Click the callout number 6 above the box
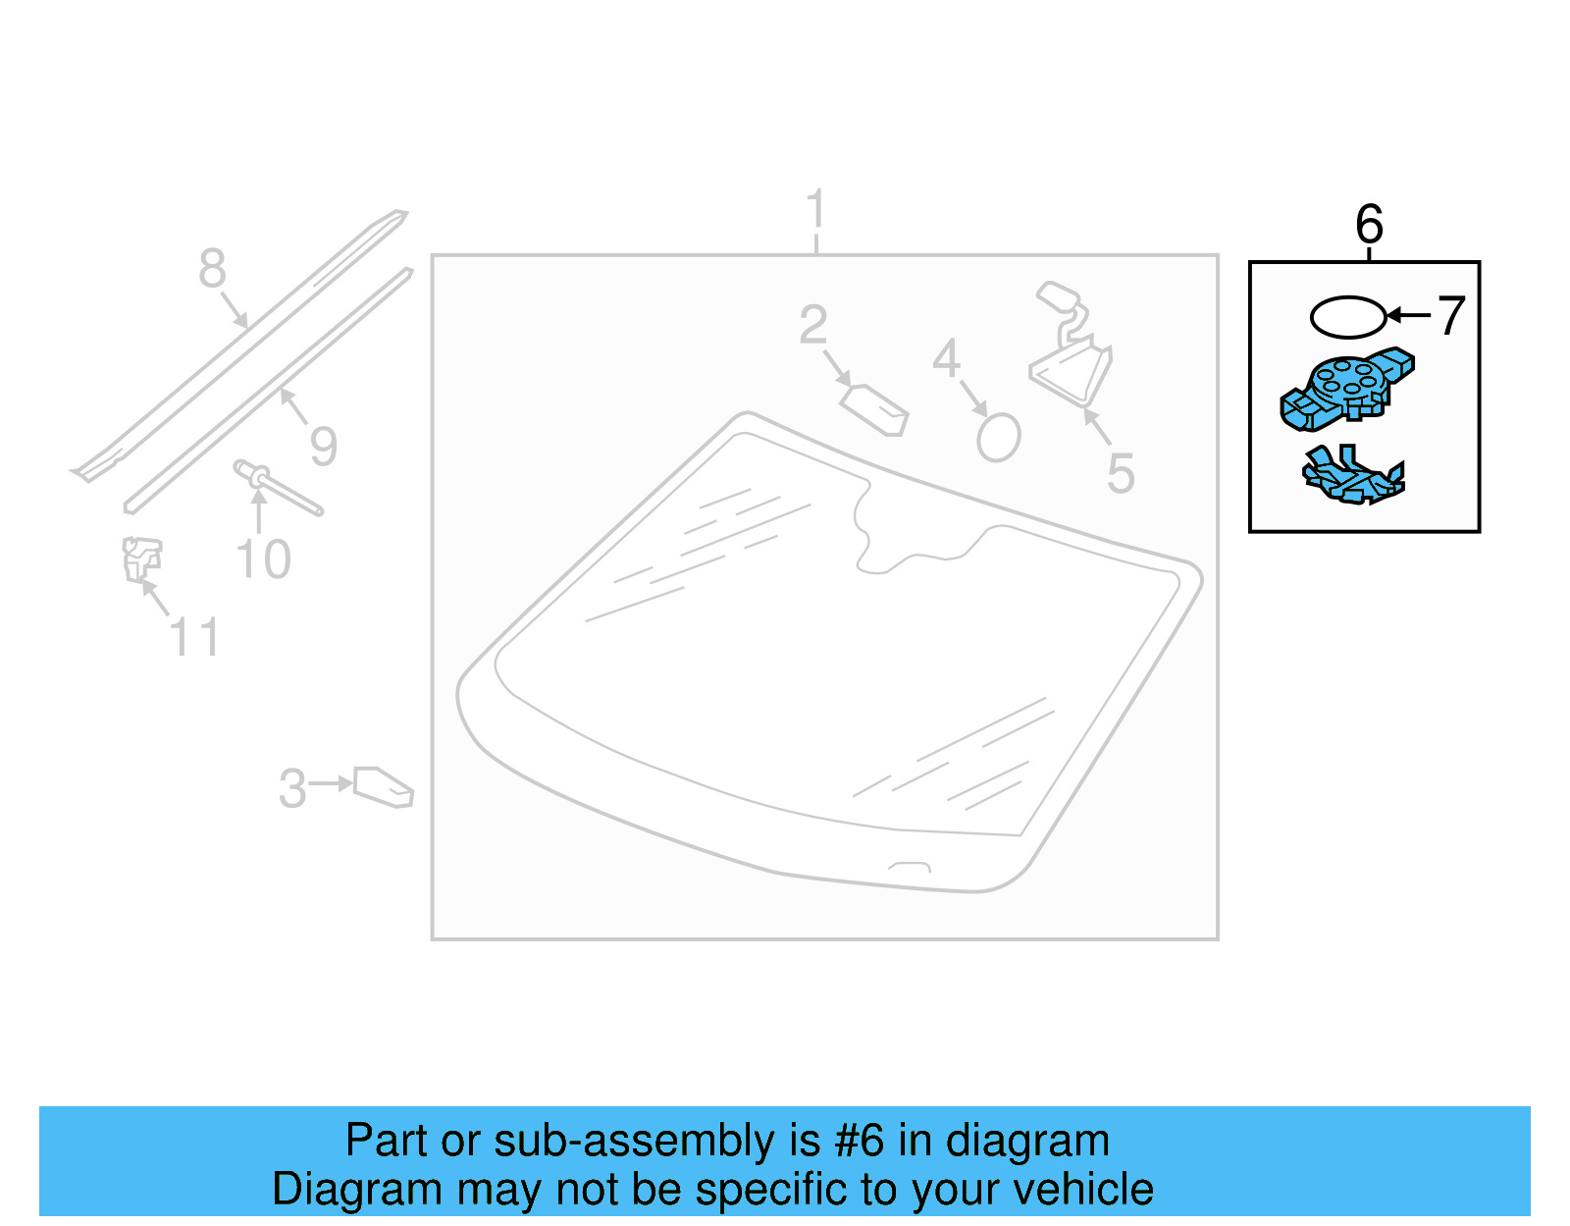1369,225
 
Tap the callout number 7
1451,316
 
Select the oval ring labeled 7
1348,317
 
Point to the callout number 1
815,210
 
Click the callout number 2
813,326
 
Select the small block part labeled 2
875,409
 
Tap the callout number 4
946,359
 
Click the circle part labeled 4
999,437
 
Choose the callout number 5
1121,473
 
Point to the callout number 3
292,788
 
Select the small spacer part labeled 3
383,787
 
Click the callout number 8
212,269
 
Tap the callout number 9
324,447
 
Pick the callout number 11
194,638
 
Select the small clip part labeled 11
141,560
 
